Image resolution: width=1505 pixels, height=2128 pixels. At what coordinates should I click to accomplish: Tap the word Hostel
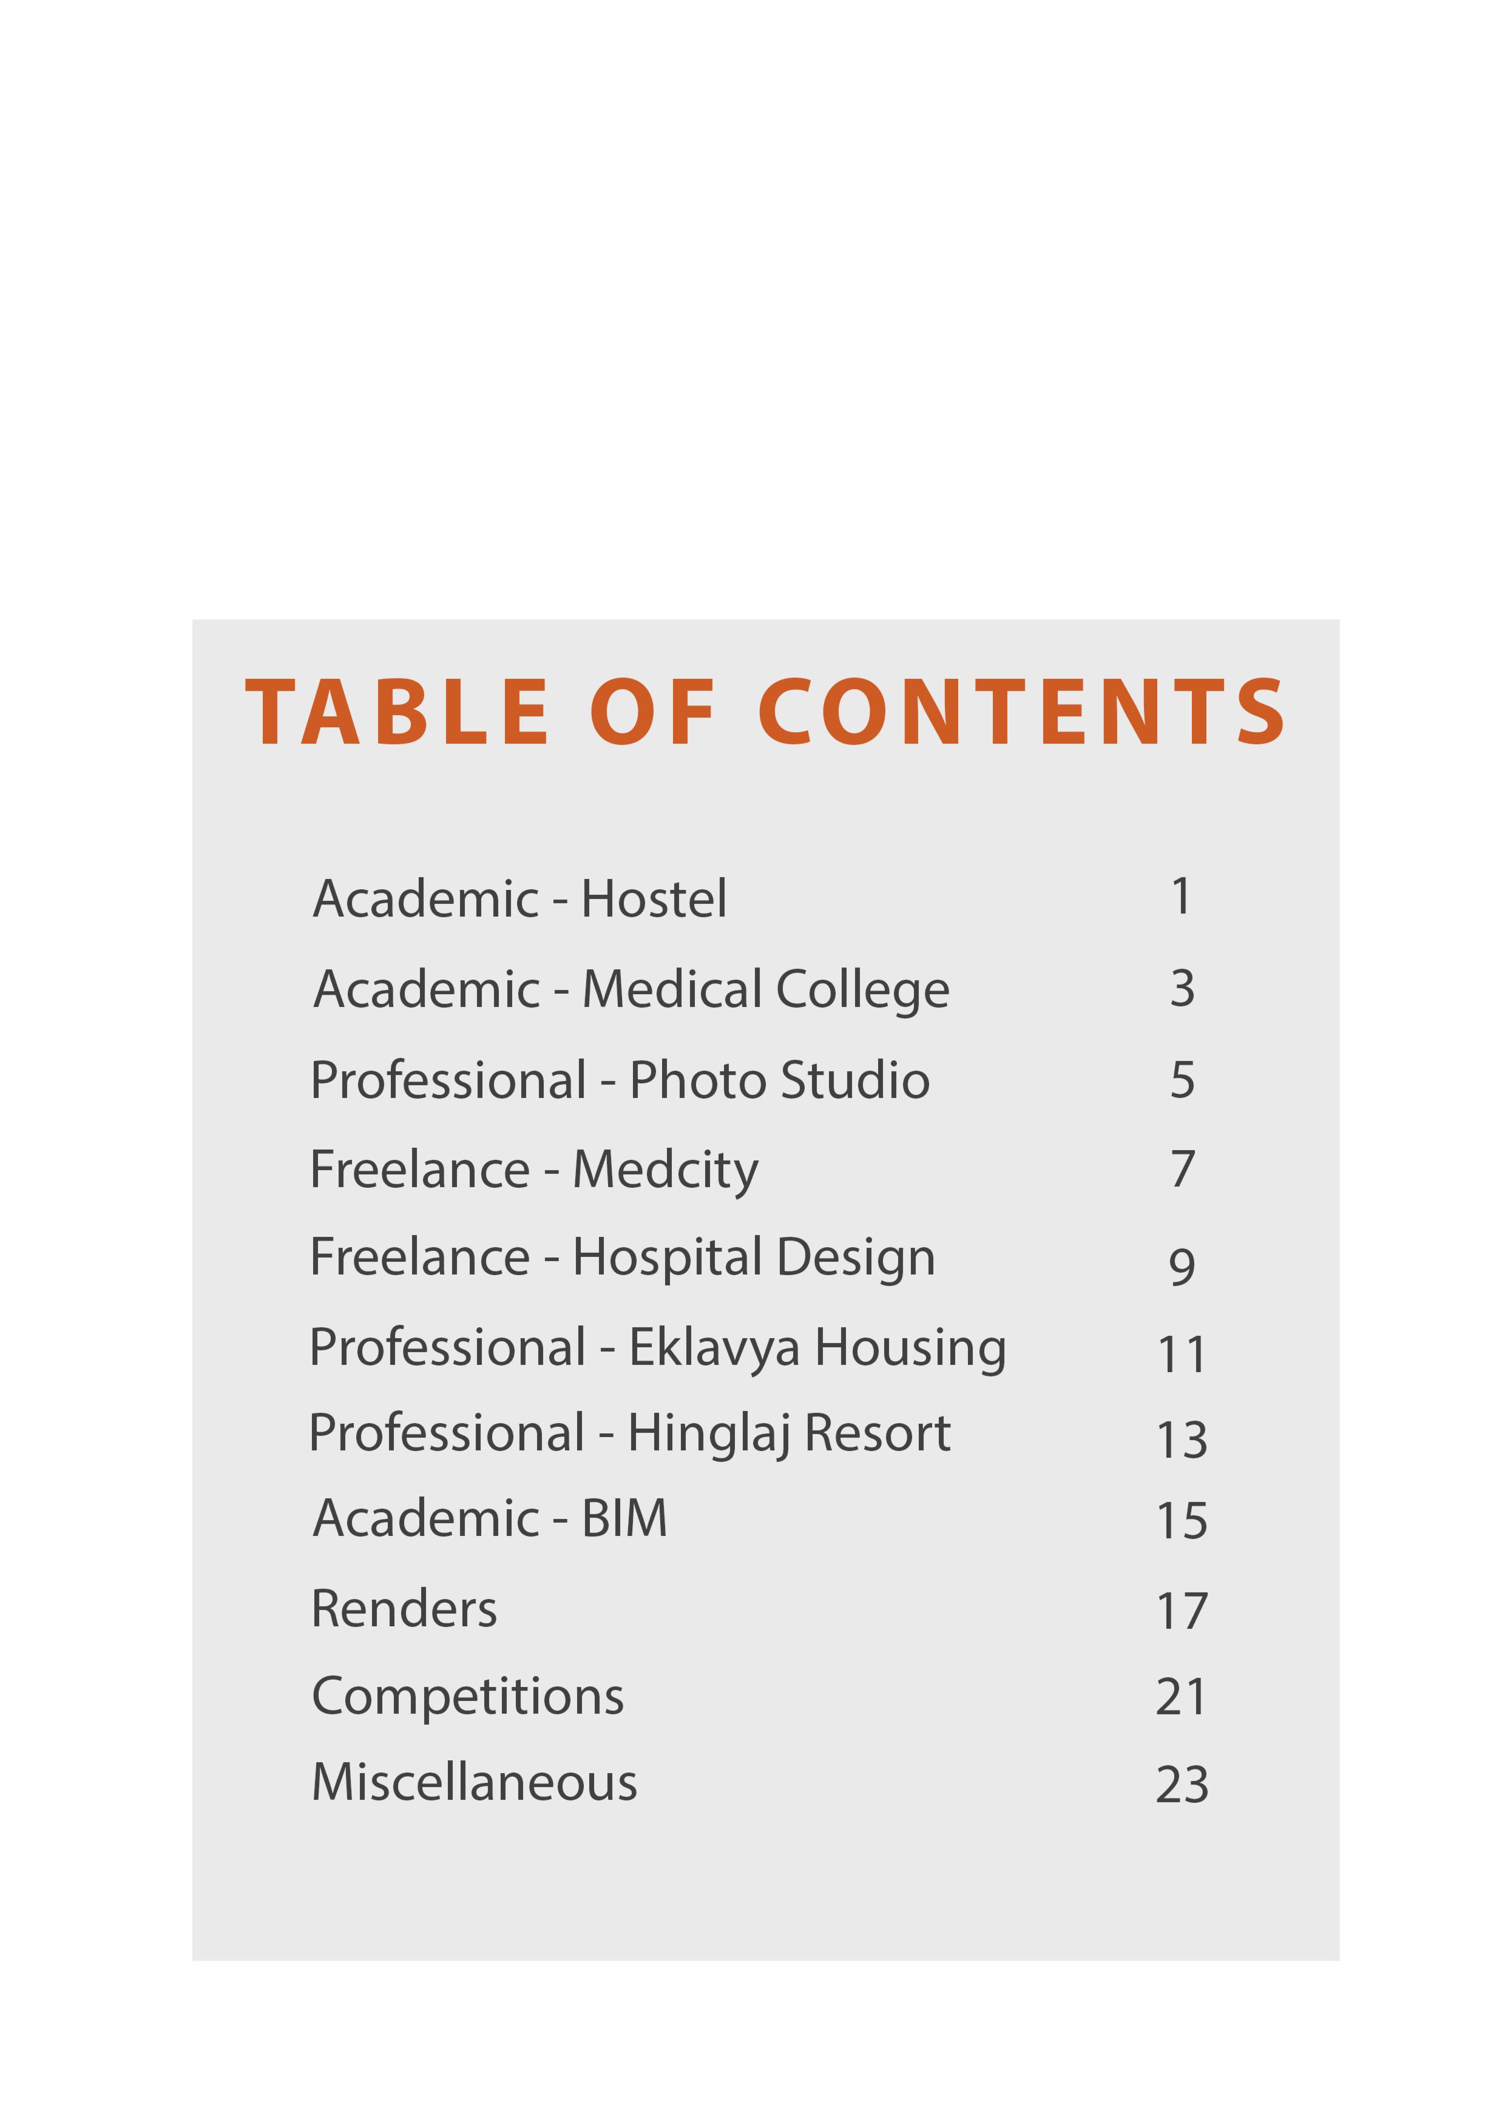click(654, 899)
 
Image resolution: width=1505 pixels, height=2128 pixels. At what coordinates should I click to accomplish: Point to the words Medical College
click(766, 990)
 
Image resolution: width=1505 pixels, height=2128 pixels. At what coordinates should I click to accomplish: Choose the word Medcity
click(666, 1170)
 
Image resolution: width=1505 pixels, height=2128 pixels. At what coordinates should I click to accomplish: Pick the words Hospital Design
click(754, 1258)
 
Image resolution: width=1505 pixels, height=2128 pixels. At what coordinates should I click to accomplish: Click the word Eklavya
click(714, 1348)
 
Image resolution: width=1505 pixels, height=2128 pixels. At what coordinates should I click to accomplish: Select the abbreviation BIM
click(624, 1518)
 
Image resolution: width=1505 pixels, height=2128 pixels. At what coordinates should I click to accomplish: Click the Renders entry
click(404, 1608)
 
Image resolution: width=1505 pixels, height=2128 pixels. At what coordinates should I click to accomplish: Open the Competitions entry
click(467, 1696)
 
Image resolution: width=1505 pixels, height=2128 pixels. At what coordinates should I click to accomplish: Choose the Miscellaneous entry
click(475, 1782)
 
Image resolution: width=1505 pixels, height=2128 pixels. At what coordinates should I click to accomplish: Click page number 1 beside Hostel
click(1180, 896)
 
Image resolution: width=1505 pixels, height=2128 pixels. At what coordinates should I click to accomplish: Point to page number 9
click(1182, 1266)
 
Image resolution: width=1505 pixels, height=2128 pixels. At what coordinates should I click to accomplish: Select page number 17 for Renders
click(1182, 1612)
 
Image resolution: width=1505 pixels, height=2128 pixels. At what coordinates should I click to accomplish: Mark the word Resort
click(878, 1434)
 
